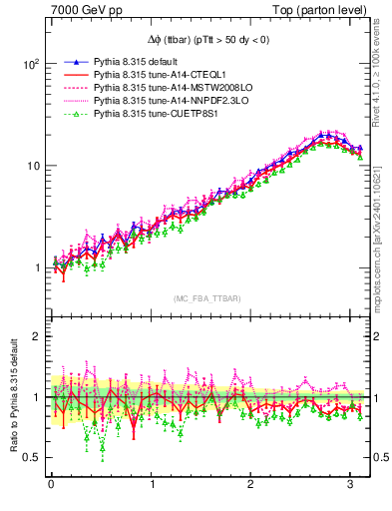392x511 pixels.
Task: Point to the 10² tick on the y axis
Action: coord(30,63)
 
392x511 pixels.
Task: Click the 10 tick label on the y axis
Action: coord(32,166)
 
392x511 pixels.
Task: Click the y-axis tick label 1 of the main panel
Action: coord(35,267)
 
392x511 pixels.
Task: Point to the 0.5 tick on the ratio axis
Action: coord(31,458)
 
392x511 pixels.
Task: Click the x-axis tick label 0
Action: coord(51,486)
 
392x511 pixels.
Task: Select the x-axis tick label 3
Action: coord(352,486)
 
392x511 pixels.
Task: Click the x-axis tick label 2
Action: coord(251,486)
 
